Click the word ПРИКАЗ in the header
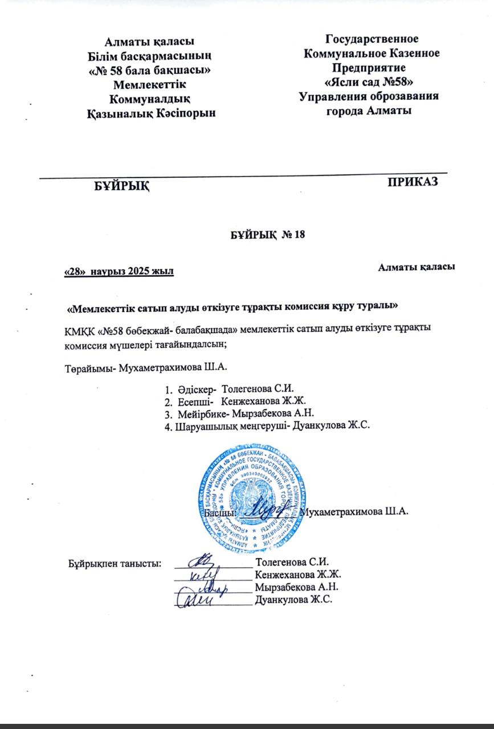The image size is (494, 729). pyautogui.click(x=413, y=182)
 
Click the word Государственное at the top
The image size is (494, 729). pyautogui.click(x=371, y=39)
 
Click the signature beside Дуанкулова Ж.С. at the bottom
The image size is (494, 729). pyautogui.click(x=197, y=599)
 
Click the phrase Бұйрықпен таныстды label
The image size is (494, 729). pyautogui.click(x=114, y=564)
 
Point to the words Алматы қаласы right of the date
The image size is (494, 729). pyautogui.click(x=416, y=267)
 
